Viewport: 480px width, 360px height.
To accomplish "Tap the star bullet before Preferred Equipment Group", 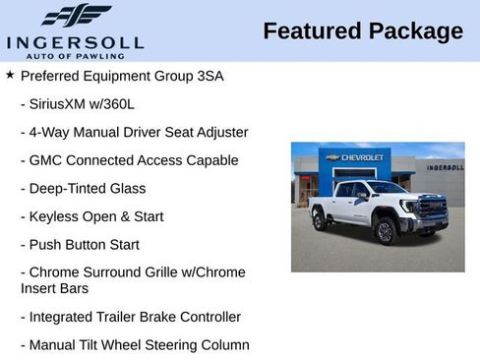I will coord(10,75).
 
